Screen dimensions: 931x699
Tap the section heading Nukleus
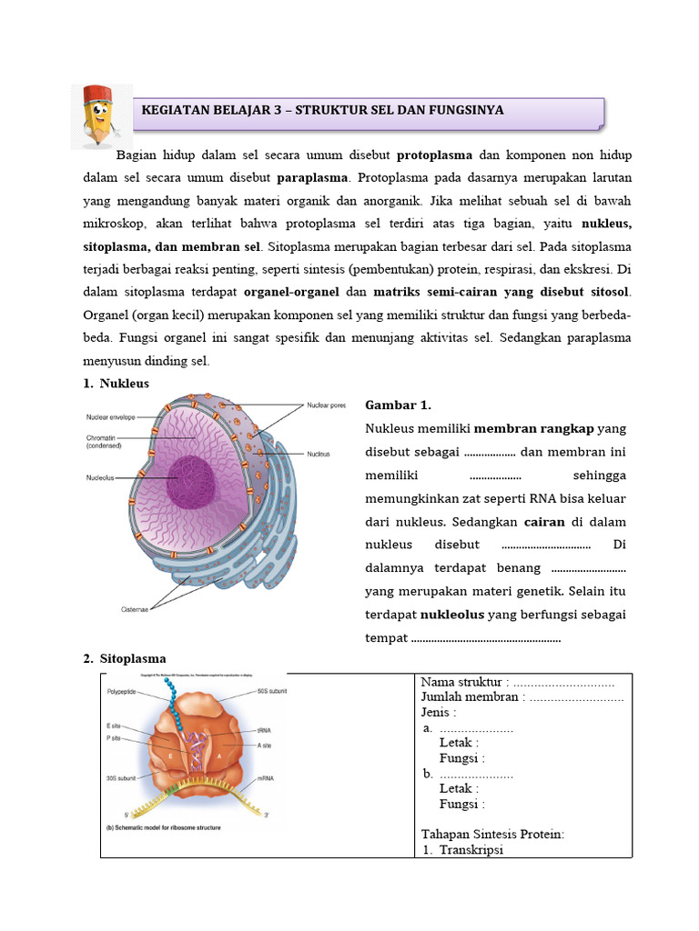[x=124, y=384]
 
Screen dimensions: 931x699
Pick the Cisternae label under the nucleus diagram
[x=136, y=609]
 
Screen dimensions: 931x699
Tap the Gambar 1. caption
[x=398, y=405]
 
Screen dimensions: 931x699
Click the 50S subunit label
[x=270, y=692]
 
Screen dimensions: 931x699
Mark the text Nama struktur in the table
[x=461, y=683]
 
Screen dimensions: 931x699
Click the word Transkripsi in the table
[x=471, y=849]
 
